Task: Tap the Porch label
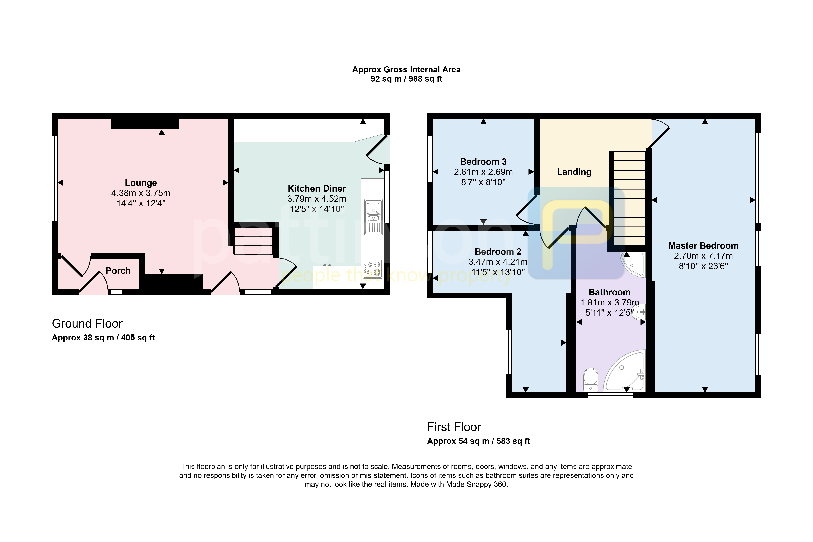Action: [x=118, y=271]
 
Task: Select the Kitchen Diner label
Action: [x=317, y=188]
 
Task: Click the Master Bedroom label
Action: [x=703, y=246]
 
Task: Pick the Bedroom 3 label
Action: [x=483, y=162]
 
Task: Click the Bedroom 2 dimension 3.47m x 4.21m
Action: [x=498, y=262]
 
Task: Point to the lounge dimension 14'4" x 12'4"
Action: [x=141, y=203]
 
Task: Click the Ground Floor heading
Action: [x=87, y=324]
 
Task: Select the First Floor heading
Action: [x=454, y=427]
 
